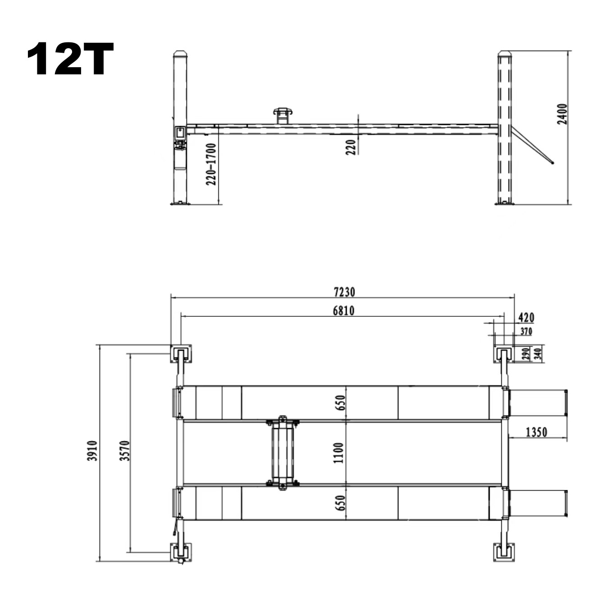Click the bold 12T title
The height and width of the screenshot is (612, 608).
70,59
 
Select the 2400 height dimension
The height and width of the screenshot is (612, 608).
562,114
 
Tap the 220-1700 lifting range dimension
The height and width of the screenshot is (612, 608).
211,164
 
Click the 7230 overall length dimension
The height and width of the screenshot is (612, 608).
345,292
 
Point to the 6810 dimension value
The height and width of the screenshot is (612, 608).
344,311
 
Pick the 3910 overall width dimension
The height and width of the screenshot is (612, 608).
92,451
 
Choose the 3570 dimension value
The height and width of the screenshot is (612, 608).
125,451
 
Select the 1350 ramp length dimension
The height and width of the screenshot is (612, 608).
536,432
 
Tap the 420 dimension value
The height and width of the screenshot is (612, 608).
526,317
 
